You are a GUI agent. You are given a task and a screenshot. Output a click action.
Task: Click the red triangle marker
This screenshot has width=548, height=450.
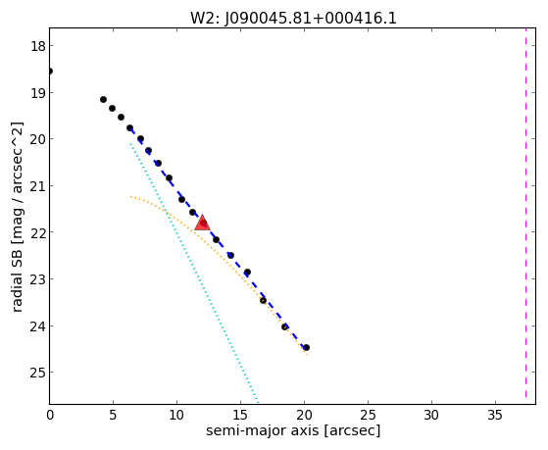coord(202,224)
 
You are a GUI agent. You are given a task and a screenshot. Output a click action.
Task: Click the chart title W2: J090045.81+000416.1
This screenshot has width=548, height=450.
coord(293,18)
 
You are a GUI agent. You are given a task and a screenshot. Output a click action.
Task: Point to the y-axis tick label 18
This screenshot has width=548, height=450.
coord(37,46)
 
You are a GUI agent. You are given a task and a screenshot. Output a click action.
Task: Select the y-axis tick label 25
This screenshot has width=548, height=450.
coord(37,373)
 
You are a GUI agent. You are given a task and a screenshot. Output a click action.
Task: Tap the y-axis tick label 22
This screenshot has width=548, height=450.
coord(37,232)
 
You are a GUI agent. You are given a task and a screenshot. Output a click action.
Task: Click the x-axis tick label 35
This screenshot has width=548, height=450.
coord(495,416)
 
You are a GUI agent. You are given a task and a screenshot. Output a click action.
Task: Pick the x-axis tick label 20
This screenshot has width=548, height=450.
coord(305,416)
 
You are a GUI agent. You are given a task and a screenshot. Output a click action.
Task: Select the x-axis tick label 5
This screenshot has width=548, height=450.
coord(114,416)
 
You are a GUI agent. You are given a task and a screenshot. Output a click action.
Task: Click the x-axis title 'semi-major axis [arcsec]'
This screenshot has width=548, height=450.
coord(293,430)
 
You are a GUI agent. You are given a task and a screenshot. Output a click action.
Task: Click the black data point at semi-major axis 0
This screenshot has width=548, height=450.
coord(50,72)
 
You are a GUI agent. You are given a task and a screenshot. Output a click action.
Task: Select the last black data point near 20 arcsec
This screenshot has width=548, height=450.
coord(307,348)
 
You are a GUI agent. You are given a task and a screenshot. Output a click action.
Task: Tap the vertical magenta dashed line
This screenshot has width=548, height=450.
coord(525,213)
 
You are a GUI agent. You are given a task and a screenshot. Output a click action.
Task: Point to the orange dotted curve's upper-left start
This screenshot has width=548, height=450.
coord(130,197)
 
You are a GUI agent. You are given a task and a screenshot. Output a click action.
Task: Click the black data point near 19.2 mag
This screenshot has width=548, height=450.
coord(104,100)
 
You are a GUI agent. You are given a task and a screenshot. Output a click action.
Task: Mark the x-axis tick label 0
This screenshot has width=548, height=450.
coord(50,416)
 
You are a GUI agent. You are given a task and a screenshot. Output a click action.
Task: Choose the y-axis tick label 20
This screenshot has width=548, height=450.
coord(37,139)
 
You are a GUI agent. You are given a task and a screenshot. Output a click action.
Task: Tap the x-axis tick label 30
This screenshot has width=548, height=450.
coord(431,416)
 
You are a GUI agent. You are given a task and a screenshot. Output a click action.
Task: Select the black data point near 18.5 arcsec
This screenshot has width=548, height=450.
coord(285,326)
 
